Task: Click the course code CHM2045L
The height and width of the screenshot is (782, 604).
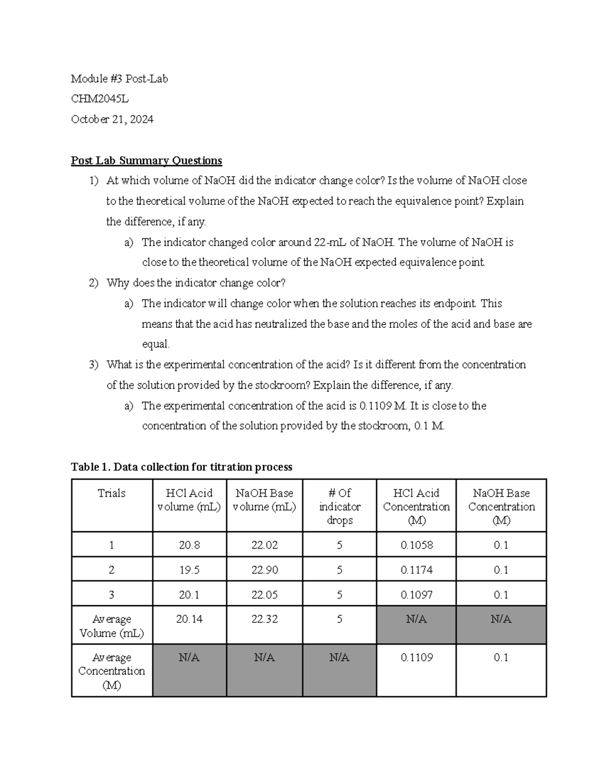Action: (100, 99)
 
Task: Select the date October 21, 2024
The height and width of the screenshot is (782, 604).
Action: (112, 119)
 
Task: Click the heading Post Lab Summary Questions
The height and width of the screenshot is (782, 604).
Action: (146, 161)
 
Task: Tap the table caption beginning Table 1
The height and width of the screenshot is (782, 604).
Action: (181, 467)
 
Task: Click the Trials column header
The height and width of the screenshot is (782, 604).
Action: (111, 493)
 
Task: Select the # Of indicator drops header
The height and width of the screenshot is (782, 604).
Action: (339, 507)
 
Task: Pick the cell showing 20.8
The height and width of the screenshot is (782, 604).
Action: (189, 545)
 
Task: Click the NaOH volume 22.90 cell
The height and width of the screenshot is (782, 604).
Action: (264, 570)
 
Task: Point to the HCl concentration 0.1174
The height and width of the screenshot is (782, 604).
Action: (416, 570)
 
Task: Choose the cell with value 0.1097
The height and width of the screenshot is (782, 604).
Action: (416, 595)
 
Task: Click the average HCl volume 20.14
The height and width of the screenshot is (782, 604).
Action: (189, 619)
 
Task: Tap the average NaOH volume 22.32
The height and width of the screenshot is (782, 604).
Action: (264, 619)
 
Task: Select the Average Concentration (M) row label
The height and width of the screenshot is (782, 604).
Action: (111, 671)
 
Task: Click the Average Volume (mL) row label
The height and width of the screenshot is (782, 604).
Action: (111, 626)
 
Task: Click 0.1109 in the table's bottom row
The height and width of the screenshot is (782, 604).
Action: (416, 658)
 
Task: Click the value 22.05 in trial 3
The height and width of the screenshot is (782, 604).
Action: (264, 595)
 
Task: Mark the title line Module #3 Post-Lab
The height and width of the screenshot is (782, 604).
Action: (119, 79)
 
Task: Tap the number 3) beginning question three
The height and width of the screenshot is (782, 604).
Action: (94, 365)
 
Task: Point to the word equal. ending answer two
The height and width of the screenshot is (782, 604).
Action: (156, 344)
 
